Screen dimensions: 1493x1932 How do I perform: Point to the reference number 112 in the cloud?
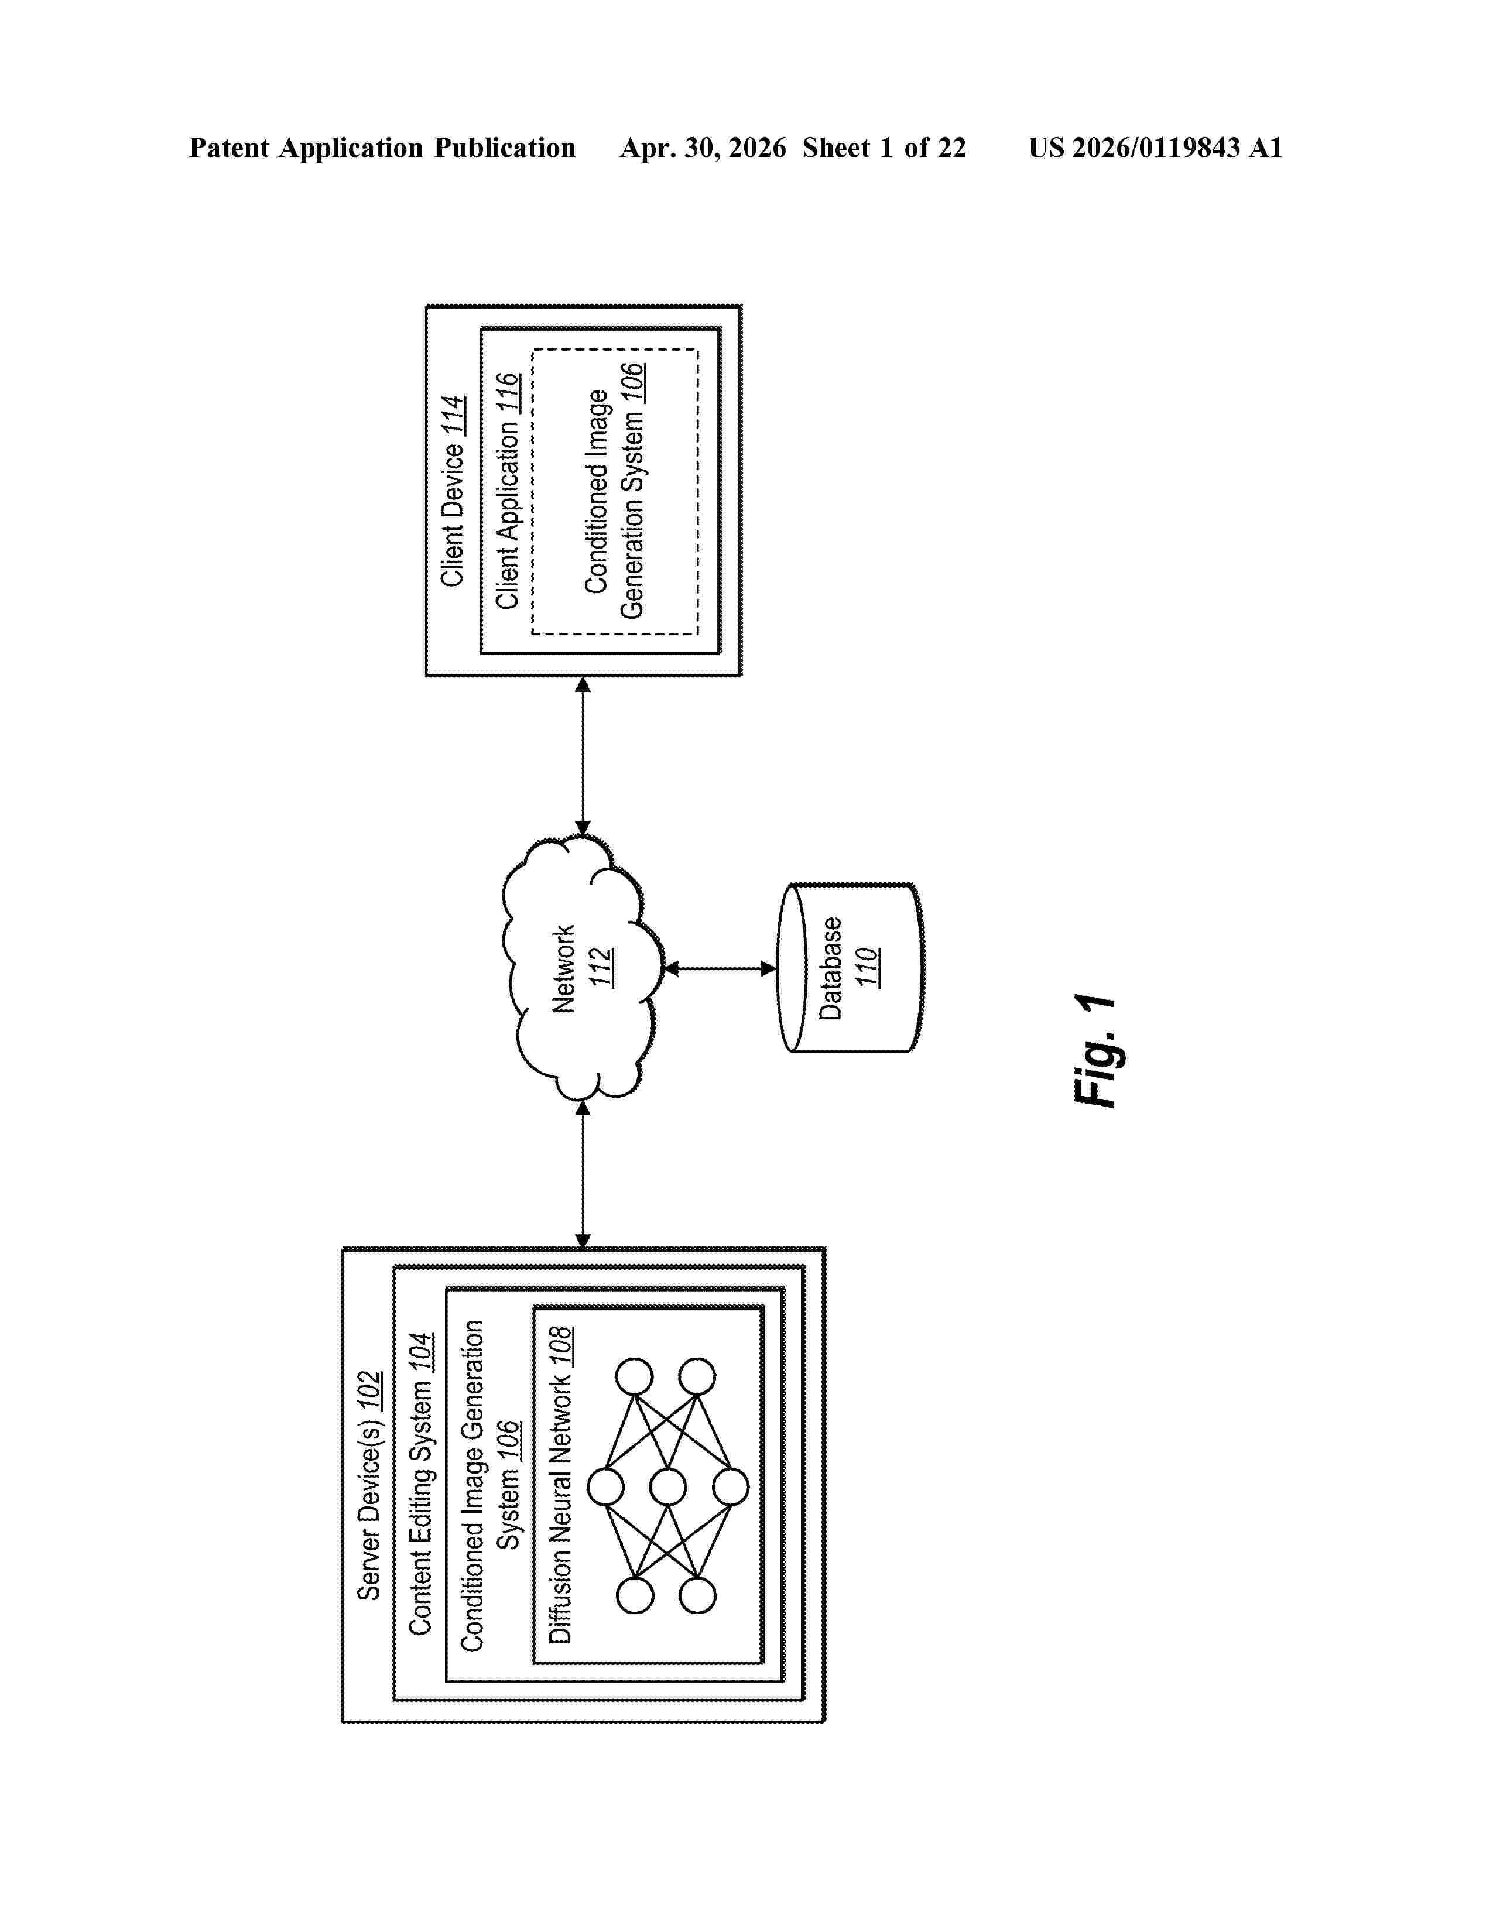coord(601,967)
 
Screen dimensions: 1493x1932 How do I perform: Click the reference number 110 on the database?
coord(867,967)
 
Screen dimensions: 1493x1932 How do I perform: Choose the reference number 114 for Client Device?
coord(452,416)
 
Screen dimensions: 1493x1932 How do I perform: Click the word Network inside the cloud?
coord(563,969)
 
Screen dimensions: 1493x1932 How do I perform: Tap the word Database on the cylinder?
coord(830,969)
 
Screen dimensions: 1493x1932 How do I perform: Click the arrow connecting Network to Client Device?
coord(583,756)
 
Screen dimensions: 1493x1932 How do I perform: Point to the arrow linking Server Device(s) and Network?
coord(583,1174)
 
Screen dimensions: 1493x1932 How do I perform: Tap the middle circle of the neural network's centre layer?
coord(668,1487)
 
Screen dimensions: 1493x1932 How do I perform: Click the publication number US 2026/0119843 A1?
coord(1155,148)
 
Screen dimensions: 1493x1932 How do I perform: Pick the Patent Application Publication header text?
coord(382,148)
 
